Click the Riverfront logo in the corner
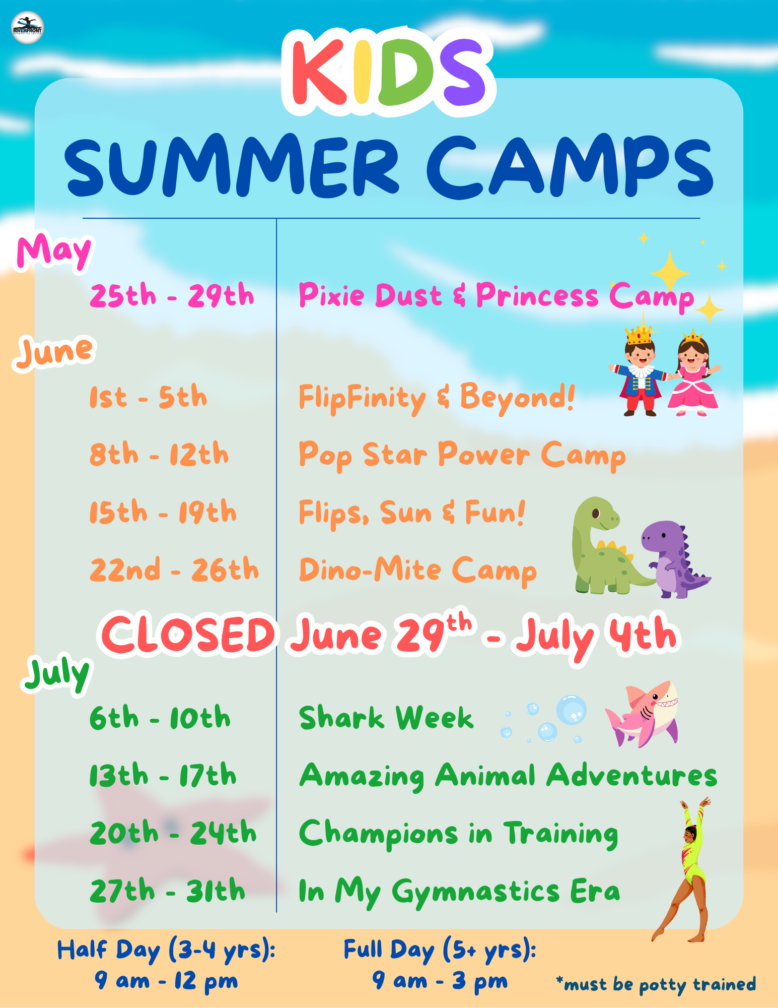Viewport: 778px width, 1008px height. pos(28,28)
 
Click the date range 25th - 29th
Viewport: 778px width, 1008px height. pos(172,295)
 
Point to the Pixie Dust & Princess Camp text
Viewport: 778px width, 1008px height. pos(496,296)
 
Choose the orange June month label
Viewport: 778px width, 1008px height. pos(54,351)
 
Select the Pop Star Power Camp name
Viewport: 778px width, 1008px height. pos(462,455)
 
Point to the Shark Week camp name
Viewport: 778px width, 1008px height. pos(386,718)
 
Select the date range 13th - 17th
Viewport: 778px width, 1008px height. pos(163,776)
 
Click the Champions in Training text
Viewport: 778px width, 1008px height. pos(458,834)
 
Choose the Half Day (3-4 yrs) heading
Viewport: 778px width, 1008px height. pos(166,951)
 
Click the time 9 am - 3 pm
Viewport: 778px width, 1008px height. pos(440,981)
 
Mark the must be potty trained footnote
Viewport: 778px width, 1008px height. pos(656,984)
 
